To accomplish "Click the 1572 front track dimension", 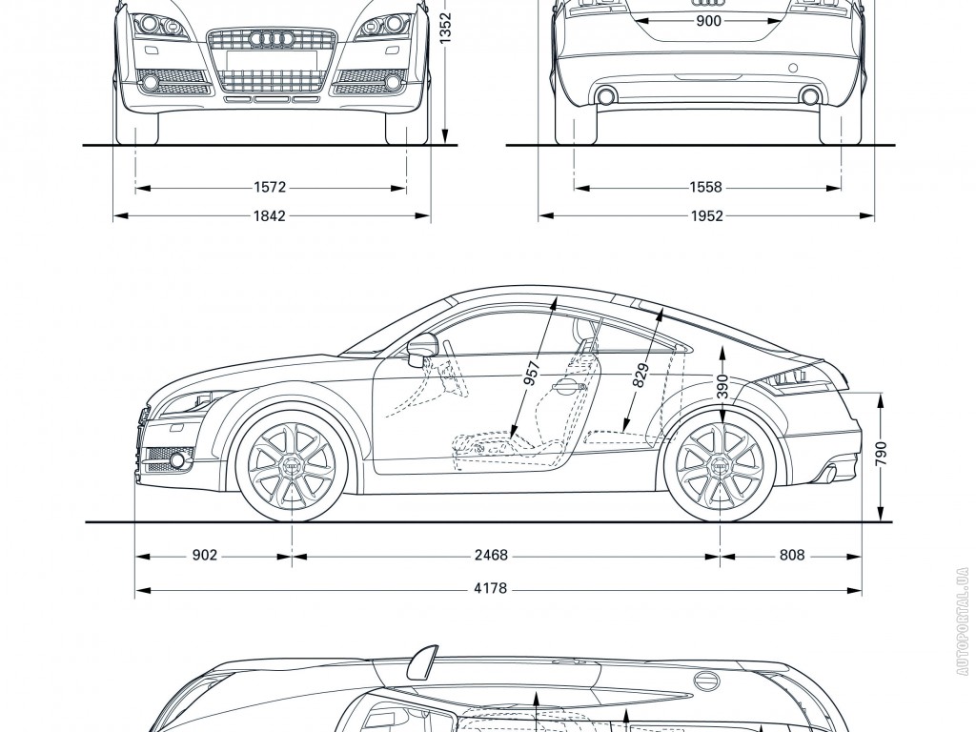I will click(x=271, y=189).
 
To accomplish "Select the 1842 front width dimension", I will click(x=271, y=216).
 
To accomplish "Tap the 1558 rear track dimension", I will click(x=706, y=189).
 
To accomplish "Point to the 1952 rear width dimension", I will click(x=706, y=216).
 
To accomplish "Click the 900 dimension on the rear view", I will click(x=708, y=21).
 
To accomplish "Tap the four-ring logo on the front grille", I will click(x=271, y=38).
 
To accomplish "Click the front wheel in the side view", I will click(x=292, y=464).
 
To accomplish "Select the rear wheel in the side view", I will click(x=721, y=464).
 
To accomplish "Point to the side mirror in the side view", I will click(x=419, y=350).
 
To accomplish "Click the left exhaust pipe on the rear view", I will click(x=604, y=95).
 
